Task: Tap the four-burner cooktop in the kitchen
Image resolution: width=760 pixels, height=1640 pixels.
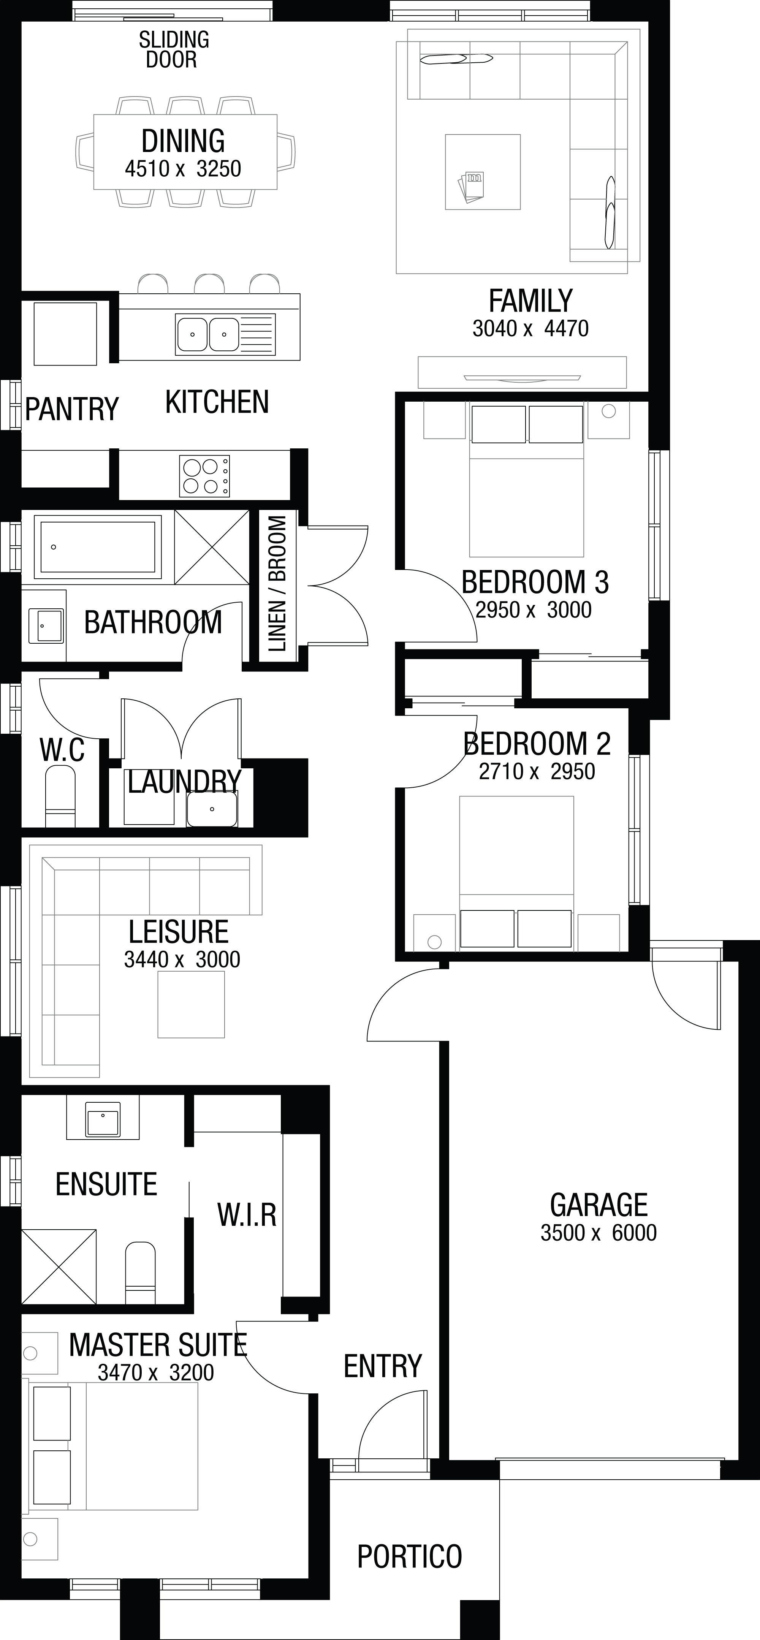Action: pyautogui.click(x=205, y=476)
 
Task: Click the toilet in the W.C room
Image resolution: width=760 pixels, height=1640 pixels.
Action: pyautogui.click(x=60, y=796)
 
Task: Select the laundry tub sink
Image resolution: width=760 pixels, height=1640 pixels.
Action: pyautogui.click(x=212, y=809)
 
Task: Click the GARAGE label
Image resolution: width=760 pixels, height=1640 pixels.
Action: pyautogui.click(x=598, y=1205)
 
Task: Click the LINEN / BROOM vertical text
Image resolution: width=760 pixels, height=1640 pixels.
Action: pyautogui.click(x=277, y=584)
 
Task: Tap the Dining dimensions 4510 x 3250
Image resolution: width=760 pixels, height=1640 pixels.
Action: pyautogui.click(x=183, y=169)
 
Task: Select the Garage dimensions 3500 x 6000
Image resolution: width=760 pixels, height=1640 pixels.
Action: pyautogui.click(x=598, y=1233)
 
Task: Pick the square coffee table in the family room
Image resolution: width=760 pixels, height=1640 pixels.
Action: pyautogui.click(x=483, y=172)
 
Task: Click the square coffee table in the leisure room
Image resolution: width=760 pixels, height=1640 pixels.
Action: pyautogui.click(x=191, y=1005)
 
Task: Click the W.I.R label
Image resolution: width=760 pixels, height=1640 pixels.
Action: pyautogui.click(x=247, y=1215)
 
